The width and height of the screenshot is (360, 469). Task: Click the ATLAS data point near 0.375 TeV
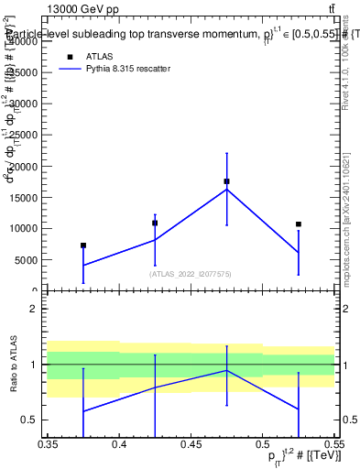coord(83,245)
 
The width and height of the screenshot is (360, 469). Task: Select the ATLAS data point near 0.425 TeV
coord(155,223)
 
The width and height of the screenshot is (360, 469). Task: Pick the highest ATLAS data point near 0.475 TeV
coord(226,181)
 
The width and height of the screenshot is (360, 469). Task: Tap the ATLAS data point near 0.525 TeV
coord(298,224)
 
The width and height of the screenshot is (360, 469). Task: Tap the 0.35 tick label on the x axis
coord(48,445)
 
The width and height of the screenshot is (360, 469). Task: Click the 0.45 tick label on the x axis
coord(191,445)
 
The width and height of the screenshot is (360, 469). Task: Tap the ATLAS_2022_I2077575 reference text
coord(191,273)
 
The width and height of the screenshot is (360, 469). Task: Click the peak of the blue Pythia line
coord(226,189)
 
